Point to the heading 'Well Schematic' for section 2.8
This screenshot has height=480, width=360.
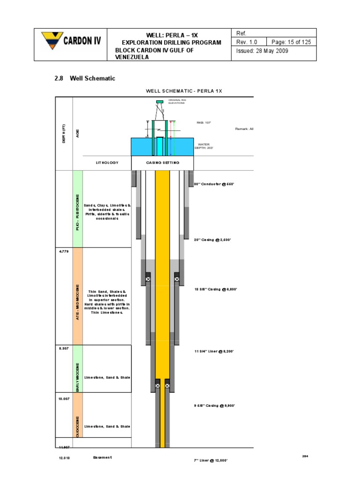[x=92, y=78]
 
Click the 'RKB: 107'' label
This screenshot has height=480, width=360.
[x=204, y=123]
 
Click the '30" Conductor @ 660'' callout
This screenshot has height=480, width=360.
[x=214, y=184]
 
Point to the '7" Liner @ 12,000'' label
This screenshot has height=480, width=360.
[x=210, y=460]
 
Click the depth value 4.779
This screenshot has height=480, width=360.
[x=64, y=252]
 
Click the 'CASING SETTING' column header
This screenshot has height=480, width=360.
[x=162, y=163]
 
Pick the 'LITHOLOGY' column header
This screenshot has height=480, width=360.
[x=107, y=163]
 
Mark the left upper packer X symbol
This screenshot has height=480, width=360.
[x=148, y=279]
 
